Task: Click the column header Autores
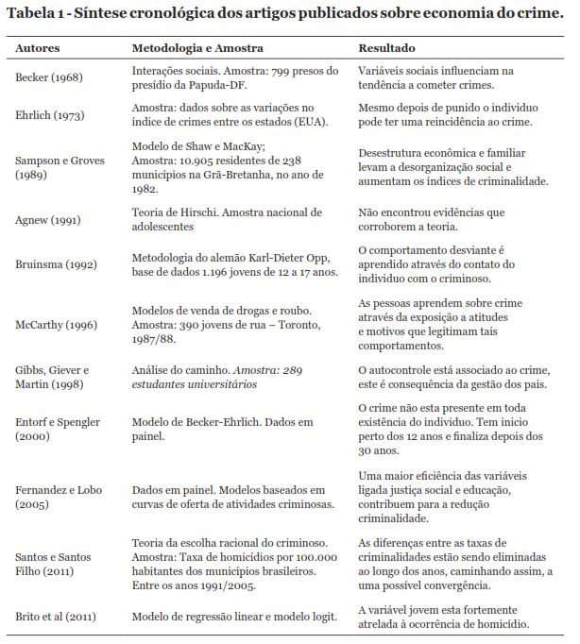pos(39,47)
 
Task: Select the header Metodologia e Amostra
pos(197,47)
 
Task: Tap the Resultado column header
pos(386,47)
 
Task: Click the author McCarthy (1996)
pos(56,326)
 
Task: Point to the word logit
pos(323,617)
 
